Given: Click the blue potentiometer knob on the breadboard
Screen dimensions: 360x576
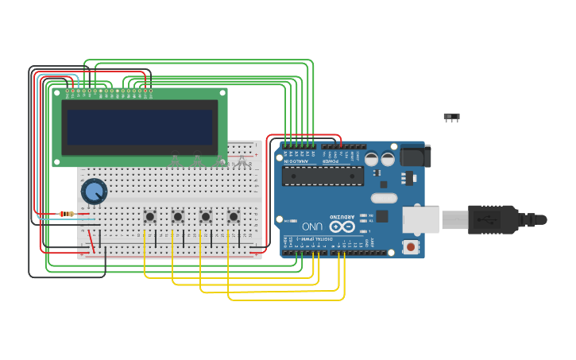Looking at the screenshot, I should tap(94, 191).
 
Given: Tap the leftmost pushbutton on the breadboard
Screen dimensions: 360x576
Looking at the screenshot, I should tap(149, 216).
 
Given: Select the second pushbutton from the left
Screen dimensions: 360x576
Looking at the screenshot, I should tap(177, 216).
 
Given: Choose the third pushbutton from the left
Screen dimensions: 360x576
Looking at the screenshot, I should tap(205, 216).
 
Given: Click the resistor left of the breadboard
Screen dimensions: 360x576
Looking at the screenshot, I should tap(67, 213).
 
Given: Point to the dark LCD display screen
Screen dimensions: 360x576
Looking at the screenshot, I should tap(139, 127).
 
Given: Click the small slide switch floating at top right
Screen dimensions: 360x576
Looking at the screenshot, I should tap(451, 117).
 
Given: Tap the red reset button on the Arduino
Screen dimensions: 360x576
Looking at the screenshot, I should tap(410, 247).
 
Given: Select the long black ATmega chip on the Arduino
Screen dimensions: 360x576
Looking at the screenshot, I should tap(323, 176).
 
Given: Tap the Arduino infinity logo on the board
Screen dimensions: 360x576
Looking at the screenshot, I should tap(342, 226).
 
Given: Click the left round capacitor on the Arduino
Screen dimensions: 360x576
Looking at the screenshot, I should tap(371, 158).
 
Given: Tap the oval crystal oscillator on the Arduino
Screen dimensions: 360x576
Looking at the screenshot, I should tap(384, 198).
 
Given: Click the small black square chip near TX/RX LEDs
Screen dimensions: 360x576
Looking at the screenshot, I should tap(382, 216).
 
